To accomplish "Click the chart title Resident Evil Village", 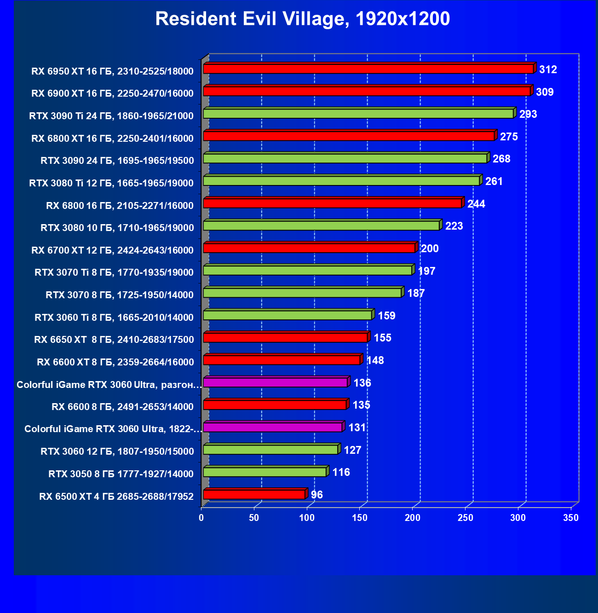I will [302, 19].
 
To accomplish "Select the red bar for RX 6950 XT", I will [368, 69].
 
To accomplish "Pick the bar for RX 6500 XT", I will [254, 495].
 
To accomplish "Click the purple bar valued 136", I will [275, 382].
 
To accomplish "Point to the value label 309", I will [545, 92].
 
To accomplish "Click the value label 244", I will [476, 204].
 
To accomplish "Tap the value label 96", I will [317, 495].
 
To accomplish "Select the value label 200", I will [430, 249].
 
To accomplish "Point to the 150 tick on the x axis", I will [360, 518].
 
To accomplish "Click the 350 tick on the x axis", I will [571, 518].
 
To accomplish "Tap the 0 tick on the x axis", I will [201, 518].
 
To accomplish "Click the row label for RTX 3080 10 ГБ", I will [117, 227].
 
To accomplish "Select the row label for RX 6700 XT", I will [112, 250].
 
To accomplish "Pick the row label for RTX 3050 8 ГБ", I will [121, 474].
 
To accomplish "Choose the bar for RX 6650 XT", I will [285, 338].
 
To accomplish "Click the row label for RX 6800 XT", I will [112, 138].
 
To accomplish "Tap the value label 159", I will [386, 316].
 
